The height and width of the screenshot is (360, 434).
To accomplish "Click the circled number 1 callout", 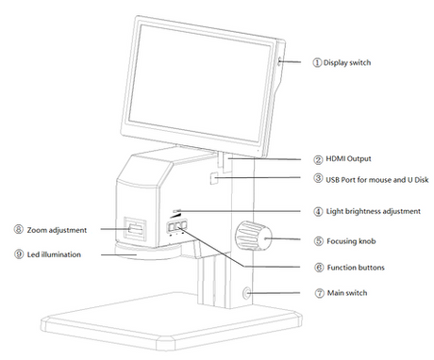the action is [317, 62].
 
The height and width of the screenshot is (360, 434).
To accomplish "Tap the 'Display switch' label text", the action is [347, 63].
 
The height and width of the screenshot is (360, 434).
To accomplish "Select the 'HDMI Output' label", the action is [348, 159].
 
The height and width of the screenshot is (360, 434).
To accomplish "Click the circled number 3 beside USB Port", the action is [318, 178].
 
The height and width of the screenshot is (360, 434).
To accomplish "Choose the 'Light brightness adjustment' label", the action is [373, 211].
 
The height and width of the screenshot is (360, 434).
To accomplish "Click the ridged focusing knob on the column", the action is [254, 236].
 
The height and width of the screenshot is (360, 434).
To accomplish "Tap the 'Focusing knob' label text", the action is [351, 241].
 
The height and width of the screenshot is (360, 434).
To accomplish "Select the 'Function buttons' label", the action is [356, 268].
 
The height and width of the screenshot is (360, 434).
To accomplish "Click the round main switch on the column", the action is [246, 293].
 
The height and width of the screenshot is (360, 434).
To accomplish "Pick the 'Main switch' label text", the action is [347, 293].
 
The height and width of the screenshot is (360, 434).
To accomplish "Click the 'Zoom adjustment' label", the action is [57, 230].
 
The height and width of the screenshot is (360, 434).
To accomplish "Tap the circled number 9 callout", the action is [19, 254].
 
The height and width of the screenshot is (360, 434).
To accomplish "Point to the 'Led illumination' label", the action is [54, 254].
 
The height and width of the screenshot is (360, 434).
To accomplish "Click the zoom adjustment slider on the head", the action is [135, 229].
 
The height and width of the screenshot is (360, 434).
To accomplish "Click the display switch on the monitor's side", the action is [279, 61].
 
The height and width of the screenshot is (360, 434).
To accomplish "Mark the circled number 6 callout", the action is [319, 268].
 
